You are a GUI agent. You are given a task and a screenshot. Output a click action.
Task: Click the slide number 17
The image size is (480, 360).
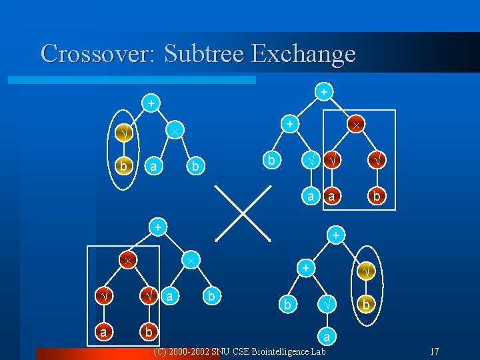(x=434, y=351)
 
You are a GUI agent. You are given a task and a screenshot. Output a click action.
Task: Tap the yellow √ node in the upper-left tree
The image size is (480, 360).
(x=122, y=135)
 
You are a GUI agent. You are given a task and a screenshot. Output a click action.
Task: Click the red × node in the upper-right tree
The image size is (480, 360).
(x=357, y=125)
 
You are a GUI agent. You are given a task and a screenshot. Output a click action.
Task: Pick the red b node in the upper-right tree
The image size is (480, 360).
(x=377, y=195)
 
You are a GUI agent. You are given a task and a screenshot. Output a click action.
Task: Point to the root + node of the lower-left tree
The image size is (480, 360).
(x=157, y=227)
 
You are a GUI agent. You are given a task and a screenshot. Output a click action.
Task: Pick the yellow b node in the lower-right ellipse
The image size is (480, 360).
(x=365, y=305)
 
